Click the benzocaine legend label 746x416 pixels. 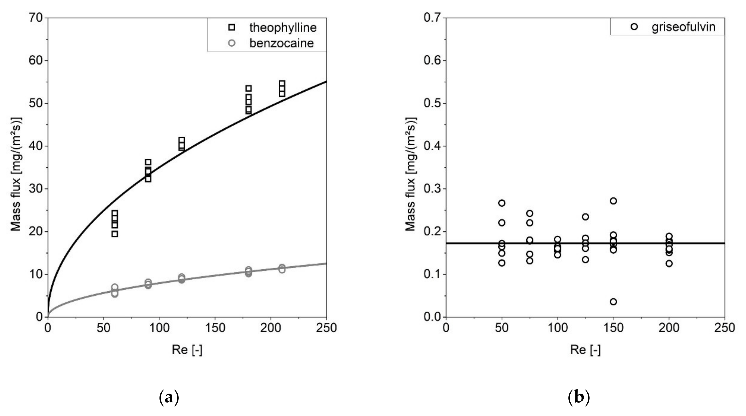(281, 43)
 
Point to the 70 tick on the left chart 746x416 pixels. (36, 18)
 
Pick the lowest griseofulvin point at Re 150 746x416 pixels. (613, 302)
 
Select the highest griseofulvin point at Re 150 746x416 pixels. (613, 201)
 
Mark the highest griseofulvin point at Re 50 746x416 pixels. (502, 203)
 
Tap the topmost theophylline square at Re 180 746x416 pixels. (248, 88)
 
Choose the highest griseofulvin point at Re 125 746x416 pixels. (585, 217)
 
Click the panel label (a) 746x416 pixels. (169, 398)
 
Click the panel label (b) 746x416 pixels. (579, 398)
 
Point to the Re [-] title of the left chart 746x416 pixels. (187, 350)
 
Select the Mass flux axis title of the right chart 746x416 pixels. (410, 174)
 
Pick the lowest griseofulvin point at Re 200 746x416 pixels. (669, 263)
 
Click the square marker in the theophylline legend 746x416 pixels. (232, 27)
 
